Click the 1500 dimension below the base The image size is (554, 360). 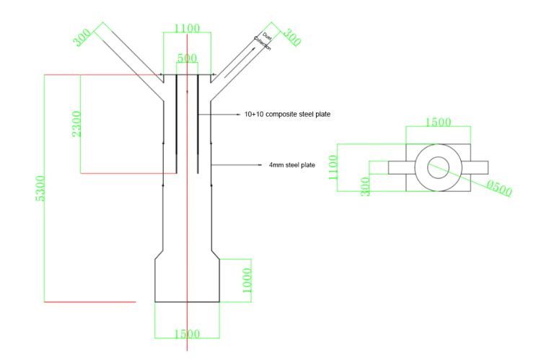187,333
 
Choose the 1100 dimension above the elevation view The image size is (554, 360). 187,28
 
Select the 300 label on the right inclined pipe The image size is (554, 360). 290,37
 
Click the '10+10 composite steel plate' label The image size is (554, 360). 287,114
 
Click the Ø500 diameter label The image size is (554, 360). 498,190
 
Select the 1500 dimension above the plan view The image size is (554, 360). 438,122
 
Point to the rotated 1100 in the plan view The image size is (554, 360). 333,167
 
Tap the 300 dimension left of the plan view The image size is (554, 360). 365,185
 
